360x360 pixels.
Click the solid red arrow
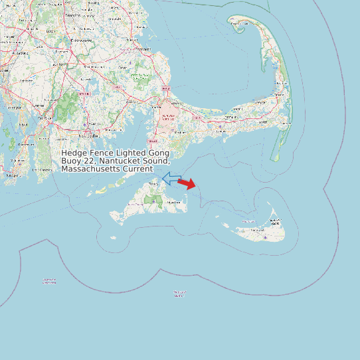[187, 184]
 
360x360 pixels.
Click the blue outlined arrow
[171, 179]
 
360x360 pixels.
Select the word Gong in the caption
[158, 153]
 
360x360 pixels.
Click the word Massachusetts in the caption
[88, 169]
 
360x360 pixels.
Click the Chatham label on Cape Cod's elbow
[282, 124]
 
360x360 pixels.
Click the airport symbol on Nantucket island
[265, 236]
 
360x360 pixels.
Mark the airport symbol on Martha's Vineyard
[156, 199]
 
